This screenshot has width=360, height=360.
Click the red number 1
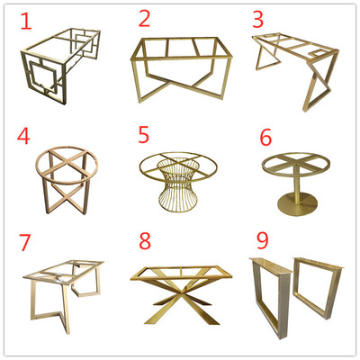(x=26, y=21)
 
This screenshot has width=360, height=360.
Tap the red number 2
(x=144, y=18)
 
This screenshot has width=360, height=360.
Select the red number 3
(x=257, y=19)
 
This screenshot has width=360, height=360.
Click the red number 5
(x=144, y=134)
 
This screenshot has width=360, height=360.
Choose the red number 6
(x=265, y=138)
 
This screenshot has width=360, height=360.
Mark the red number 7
(x=24, y=242)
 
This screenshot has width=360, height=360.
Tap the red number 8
(x=145, y=241)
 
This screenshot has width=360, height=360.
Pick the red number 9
(x=263, y=240)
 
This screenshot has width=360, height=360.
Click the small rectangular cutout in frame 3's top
(x=318, y=54)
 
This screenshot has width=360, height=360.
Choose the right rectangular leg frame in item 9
(x=319, y=287)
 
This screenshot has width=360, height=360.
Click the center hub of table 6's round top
(x=296, y=162)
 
